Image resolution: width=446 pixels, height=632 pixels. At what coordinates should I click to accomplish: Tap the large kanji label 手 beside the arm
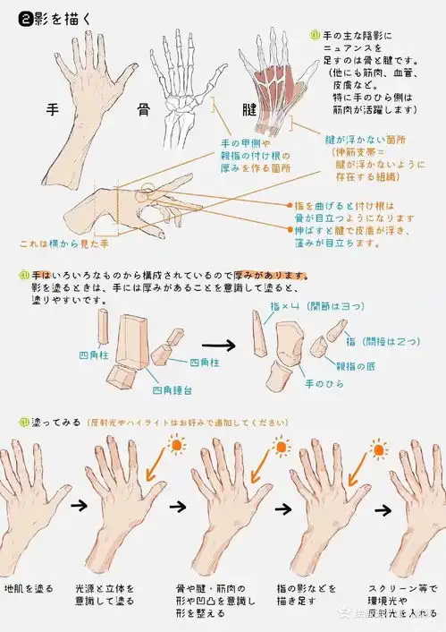coord(53,110)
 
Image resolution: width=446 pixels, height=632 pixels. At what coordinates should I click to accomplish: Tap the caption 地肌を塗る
coord(29,589)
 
